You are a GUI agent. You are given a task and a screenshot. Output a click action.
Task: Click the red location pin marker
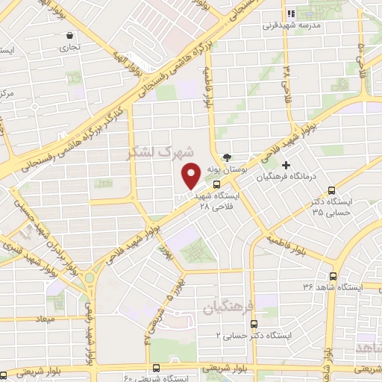point(191,176)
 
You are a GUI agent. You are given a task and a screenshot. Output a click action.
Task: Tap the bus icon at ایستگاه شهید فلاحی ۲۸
point(216,184)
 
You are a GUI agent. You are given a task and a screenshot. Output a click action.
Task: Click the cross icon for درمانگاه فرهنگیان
point(286,165)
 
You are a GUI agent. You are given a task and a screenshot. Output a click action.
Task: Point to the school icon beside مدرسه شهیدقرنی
point(292,13)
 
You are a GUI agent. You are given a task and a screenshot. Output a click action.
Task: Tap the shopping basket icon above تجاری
point(70,35)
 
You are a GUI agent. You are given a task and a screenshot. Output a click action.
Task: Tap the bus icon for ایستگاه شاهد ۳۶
point(333,276)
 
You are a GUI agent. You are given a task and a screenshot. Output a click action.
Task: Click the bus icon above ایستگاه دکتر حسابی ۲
point(254,325)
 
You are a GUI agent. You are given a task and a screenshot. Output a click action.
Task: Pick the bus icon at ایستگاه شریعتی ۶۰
point(155,368)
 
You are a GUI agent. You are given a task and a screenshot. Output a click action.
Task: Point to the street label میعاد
point(33,319)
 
